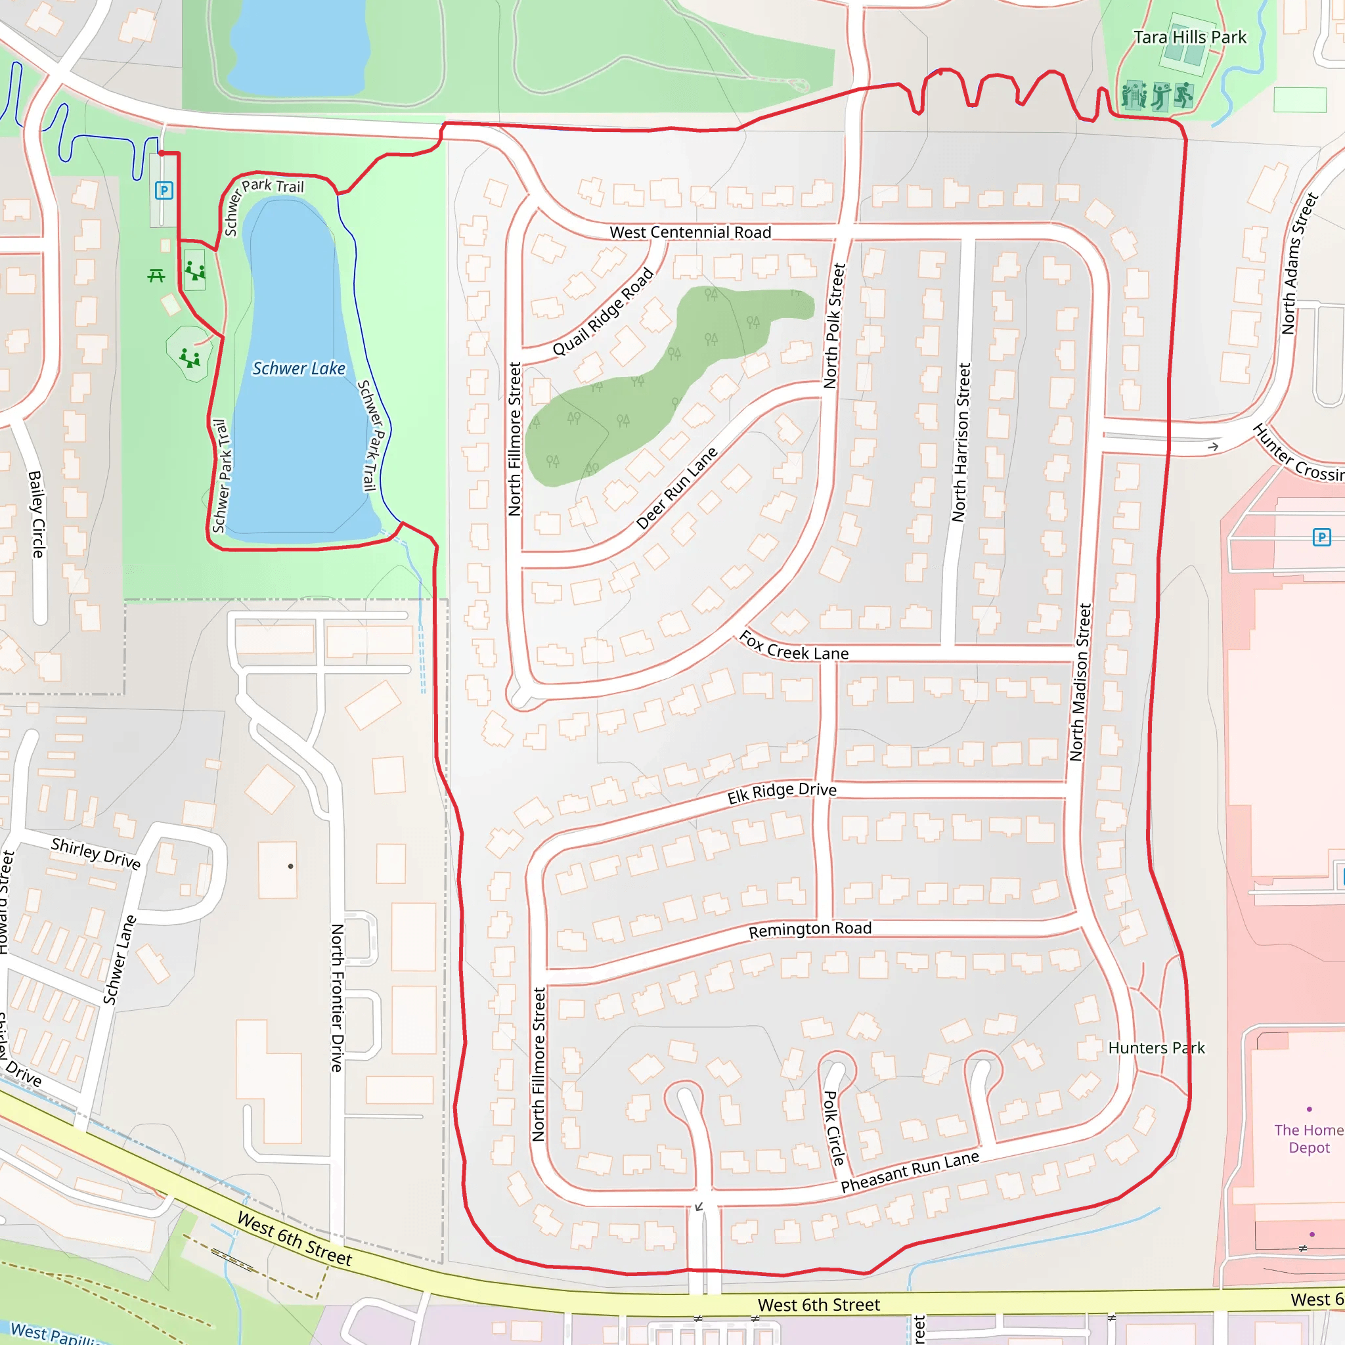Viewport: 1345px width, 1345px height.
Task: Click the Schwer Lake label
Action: (299, 368)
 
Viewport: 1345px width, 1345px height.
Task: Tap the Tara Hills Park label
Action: (1190, 37)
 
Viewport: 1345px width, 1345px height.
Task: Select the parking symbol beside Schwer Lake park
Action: (164, 190)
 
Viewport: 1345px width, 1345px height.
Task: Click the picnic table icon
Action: (156, 276)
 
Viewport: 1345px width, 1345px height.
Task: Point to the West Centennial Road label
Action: (690, 232)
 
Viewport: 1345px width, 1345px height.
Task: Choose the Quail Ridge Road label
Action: (603, 311)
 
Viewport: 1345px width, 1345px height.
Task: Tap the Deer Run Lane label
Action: (676, 489)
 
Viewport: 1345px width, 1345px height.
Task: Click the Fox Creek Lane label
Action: (793, 646)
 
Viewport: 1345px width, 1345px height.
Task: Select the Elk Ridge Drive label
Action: (782, 793)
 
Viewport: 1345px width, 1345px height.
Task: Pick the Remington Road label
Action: (810, 929)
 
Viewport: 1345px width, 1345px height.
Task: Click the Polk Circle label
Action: (834, 1128)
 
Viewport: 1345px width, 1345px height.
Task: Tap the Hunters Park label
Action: (1157, 1047)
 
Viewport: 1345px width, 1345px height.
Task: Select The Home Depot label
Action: (1309, 1139)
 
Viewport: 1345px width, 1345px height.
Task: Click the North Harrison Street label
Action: (961, 442)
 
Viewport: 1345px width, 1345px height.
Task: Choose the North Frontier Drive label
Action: (337, 998)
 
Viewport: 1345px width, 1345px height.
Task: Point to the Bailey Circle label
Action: (37, 514)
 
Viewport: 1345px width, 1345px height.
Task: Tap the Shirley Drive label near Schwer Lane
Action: (96, 854)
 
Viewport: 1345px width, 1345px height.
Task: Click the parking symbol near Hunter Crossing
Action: (1321, 537)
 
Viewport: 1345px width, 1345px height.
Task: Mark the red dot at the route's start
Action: (162, 153)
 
